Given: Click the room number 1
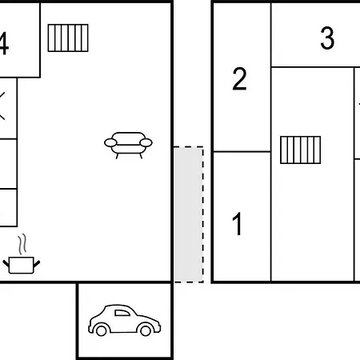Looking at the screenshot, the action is click(238, 224).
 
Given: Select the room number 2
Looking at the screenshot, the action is click(239, 78).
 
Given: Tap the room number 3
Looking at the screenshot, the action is click(327, 38).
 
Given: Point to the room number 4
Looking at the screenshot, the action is click(4, 43).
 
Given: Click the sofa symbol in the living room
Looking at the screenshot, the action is click(128, 145).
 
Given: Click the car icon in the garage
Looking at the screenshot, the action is click(124, 320).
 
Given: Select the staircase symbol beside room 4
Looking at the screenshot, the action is click(68, 38).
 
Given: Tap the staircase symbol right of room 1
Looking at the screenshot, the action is click(301, 150).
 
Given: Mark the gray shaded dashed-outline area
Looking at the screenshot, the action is click(189, 214).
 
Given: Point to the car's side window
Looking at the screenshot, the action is click(122, 313).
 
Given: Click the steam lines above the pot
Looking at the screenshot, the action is click(22, 244).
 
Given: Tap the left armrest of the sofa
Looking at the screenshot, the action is click(110, 142).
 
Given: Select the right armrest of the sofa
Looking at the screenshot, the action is click(146, 142).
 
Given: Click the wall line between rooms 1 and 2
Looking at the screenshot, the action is click(242, 152).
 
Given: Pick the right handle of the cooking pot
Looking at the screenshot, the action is click(37, 264).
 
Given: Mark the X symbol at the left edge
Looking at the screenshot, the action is click(2, 106).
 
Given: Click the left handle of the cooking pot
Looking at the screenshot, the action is click(6, 264).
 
